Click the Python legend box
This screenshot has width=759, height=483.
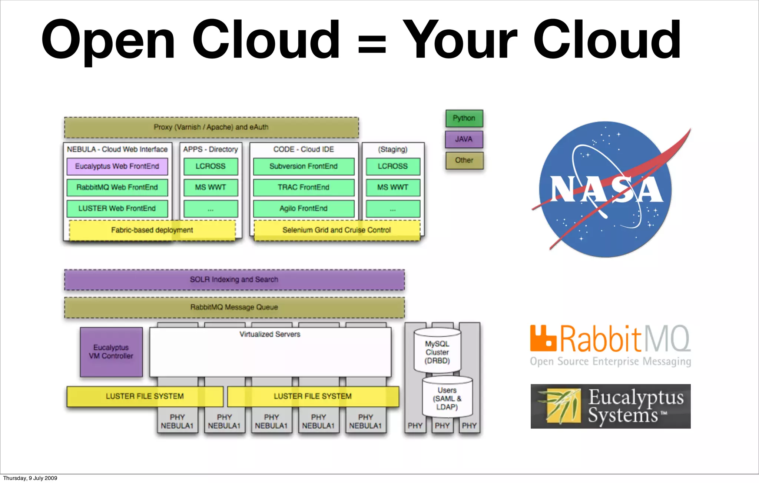click(464, 119)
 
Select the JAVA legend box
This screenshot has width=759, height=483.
click(464, 139)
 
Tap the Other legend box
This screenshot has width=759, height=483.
click(464, 160)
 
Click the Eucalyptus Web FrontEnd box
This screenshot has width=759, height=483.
click(117, 166)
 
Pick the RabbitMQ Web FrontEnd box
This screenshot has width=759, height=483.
click(117, 187)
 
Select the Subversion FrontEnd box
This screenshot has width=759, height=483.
click(304, 166)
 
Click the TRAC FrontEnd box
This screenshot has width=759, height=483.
click(304, 187)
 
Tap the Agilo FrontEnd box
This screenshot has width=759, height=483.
click(304, 209)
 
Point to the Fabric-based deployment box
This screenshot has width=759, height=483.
click(152, 230)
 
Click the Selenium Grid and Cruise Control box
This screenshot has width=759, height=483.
click(337, 230)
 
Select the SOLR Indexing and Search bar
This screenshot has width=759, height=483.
click(234, 280)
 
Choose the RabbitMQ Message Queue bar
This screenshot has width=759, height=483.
click(234, 307)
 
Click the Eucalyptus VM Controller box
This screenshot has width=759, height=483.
click(111, 352)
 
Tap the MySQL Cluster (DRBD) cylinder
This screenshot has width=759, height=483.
click(437, 352)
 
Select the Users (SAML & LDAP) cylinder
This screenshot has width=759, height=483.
click(447, 398)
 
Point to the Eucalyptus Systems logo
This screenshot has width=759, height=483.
click(610, 406)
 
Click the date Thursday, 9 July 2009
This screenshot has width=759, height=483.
click(30, 478)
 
